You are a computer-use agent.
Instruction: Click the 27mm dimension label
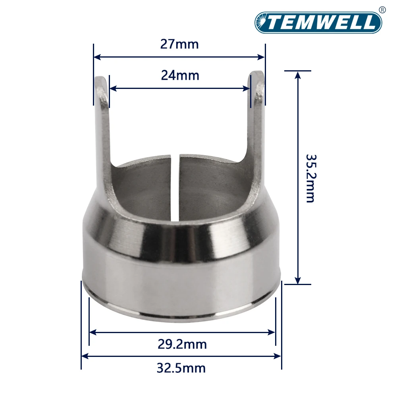pos(179,44)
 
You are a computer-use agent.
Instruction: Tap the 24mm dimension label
pos(180,75)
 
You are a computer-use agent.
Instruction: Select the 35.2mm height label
pos(310,178)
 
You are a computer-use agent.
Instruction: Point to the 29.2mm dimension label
pos(182,344)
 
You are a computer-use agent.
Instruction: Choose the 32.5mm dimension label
pos(181,368)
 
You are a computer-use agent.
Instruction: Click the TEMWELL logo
pos(318,22)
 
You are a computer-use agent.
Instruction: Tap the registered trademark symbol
pos(382,10)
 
